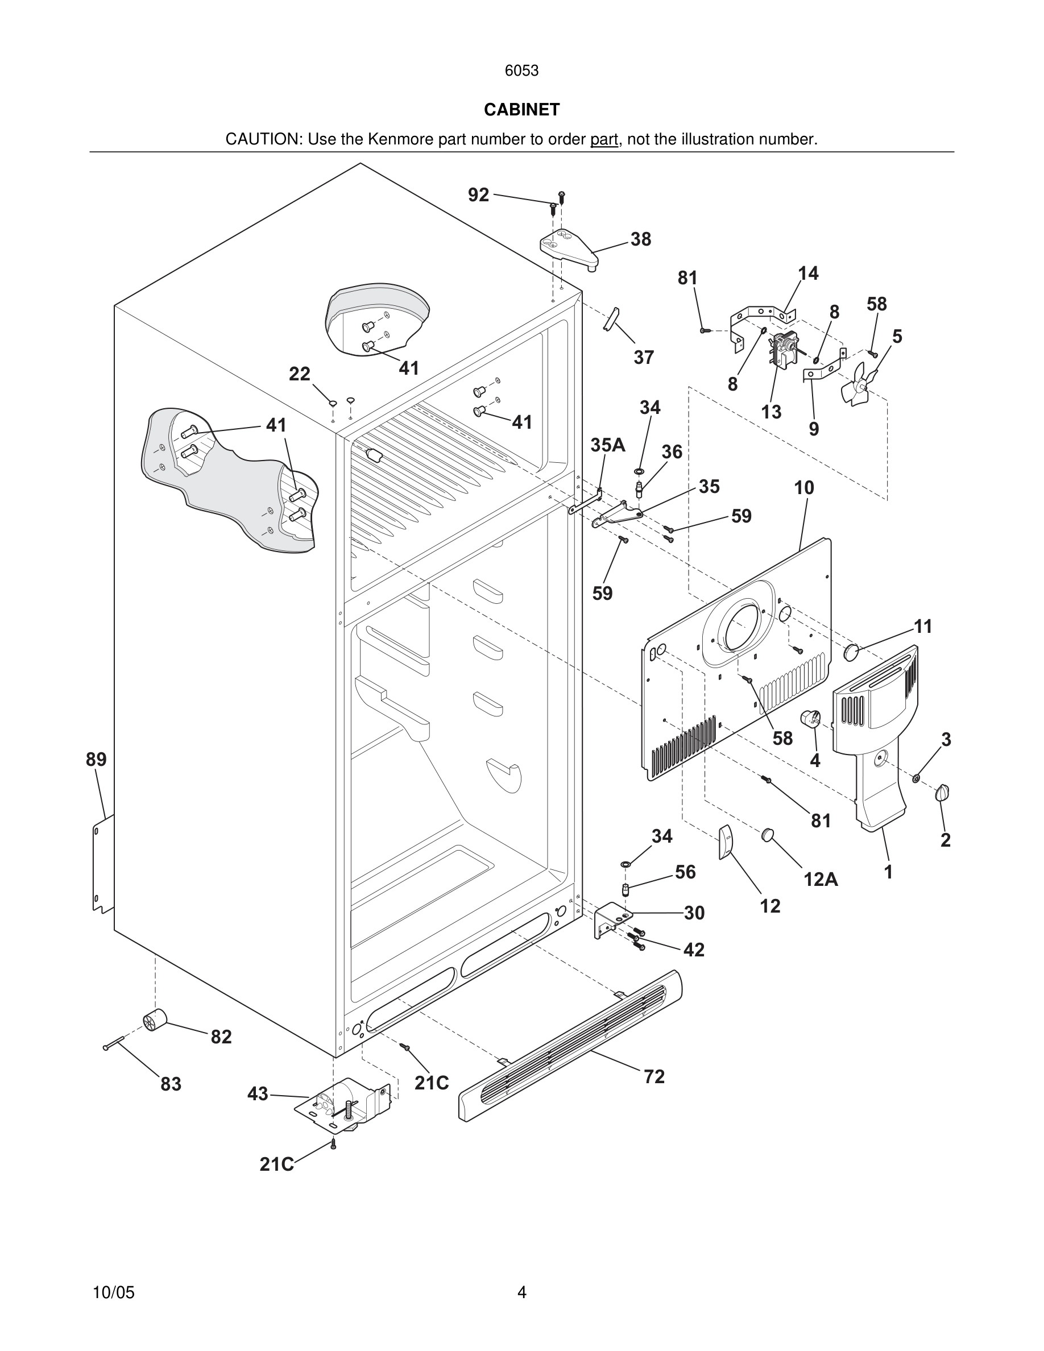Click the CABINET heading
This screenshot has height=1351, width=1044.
[521, 110]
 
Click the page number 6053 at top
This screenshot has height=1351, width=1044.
[521, 71]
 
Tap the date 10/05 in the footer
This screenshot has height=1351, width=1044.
[113, 1292]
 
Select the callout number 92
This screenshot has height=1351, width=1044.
[478, 195]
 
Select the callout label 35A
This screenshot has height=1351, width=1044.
[608, 445]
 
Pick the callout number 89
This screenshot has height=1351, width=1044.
[96, 759]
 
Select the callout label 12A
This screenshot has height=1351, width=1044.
[821, 879]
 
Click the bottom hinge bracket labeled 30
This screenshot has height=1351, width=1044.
[611, 920]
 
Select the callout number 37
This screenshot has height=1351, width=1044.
[643, 357]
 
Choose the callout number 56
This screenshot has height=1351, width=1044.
[685, 872]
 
